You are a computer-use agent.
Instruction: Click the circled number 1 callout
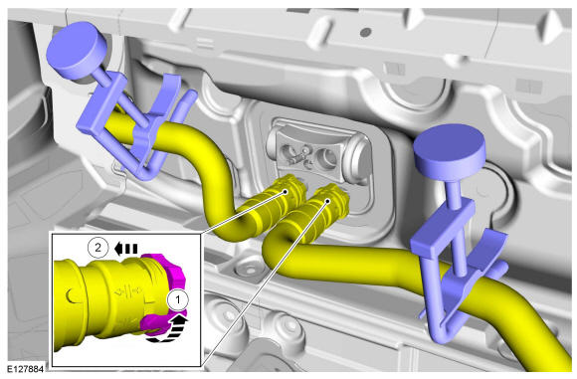point(178,299)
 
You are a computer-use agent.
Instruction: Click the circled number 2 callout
point(97,248)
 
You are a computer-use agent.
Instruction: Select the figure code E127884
point(26,369)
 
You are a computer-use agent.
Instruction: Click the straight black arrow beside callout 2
point(126,249)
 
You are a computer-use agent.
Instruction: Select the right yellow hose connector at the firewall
point(324,208)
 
